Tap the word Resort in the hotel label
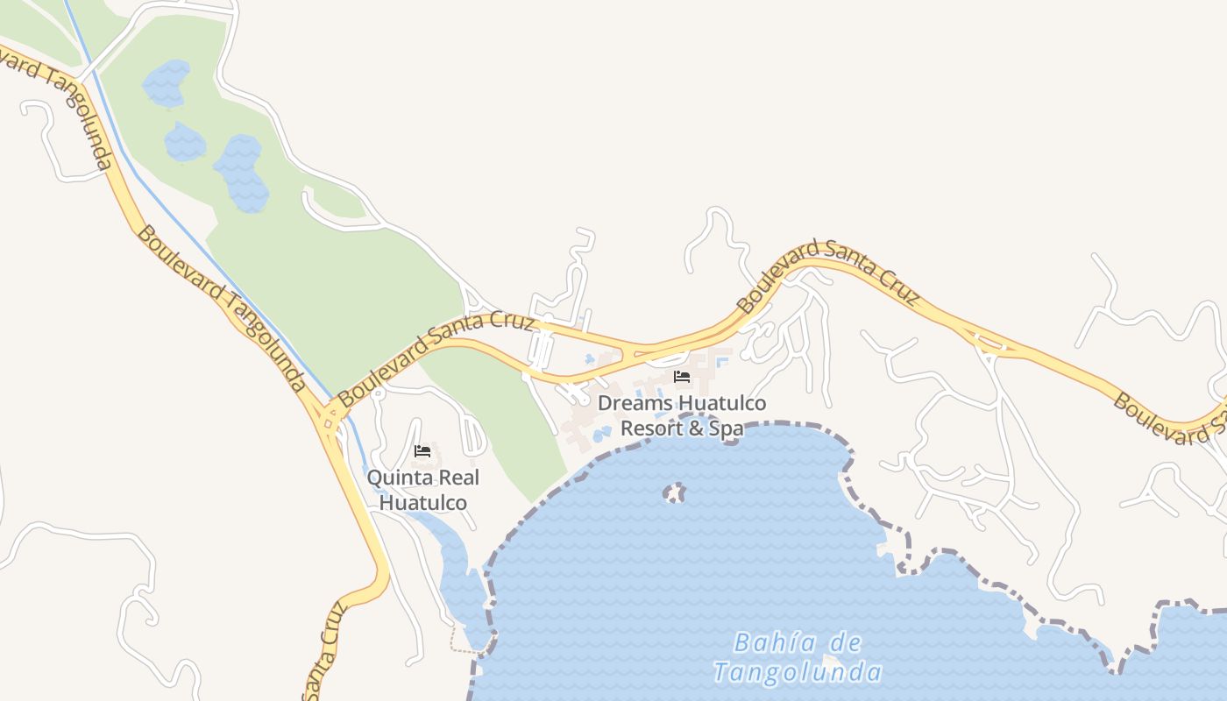pos(649,429)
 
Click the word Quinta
pos(398,478)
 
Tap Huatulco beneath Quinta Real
pos(422,504)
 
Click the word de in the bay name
pos(845,644)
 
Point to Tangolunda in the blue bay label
pos(797,673)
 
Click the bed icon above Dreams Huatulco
pos(682,377)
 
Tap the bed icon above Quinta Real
pos(422,452)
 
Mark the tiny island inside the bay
pos(673,493)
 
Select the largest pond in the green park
pos(241,173)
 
